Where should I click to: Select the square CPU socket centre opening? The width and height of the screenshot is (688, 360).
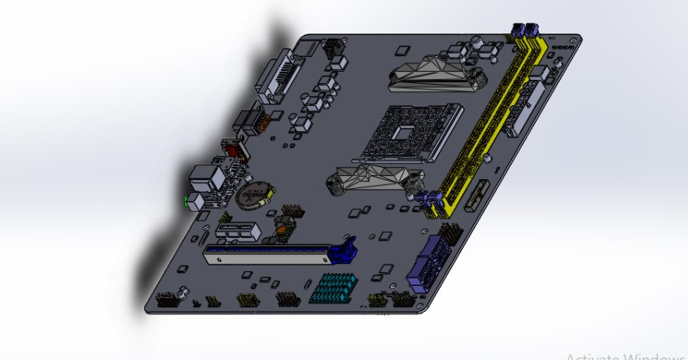[x=405, y=131]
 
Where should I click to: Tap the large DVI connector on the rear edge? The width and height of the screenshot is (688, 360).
[x=276, y=78]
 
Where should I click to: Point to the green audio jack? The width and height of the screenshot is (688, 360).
[x=190, y=200]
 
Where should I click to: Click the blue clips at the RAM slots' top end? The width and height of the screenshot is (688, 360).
[x=526, y=31]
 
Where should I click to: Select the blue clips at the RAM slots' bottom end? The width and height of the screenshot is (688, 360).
[x=429, y=201]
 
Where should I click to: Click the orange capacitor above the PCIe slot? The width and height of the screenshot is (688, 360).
[x=281, y=230]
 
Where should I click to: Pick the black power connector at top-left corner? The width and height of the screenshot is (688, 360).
[x=332, y=50]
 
